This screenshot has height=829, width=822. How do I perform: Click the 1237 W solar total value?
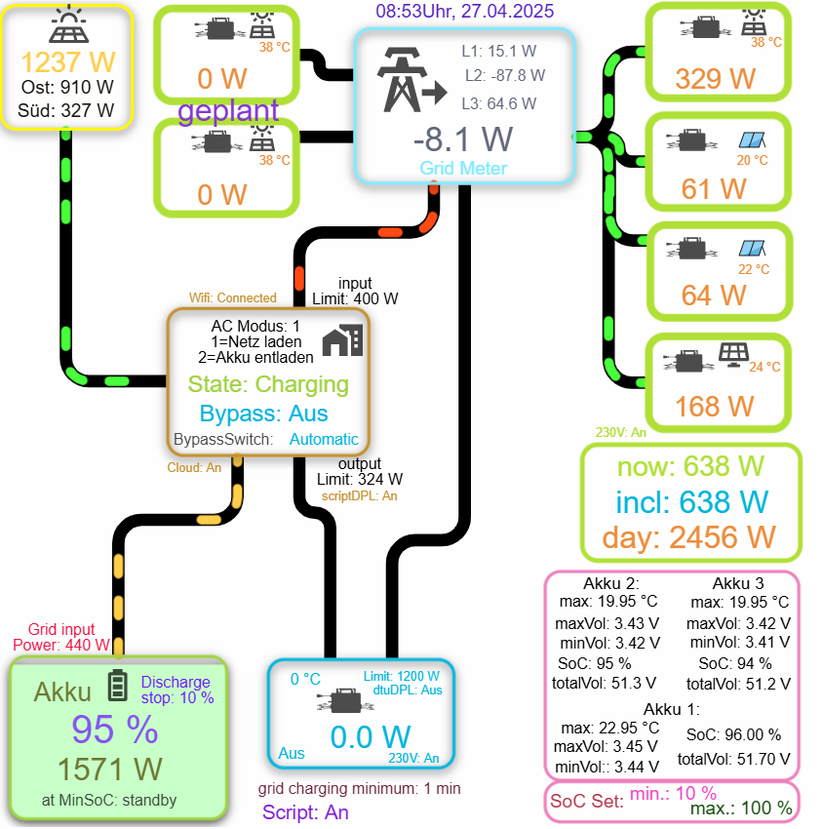(x=67, y=62)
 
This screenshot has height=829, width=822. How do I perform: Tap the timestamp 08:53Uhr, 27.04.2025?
(x=464, y=12)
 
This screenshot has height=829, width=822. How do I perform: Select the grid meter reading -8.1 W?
(x=463, y=138)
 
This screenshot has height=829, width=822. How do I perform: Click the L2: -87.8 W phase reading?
(x=504, y=75)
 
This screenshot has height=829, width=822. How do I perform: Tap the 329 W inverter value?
(x=717, y=78)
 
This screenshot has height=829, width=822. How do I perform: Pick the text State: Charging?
(x=268, y=384)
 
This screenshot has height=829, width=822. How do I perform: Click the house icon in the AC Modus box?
(x=341, y=340)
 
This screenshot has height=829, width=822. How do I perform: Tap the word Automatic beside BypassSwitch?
(x=324, y=439)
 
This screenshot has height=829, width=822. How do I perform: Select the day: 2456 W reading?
(x=688, y=535)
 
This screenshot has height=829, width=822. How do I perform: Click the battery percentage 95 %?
(x=114, y=729)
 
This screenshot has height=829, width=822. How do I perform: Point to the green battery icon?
(x=117, y=685)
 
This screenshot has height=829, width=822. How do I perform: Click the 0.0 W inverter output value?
(x=370, y=736)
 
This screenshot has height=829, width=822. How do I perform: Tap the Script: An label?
(x=305, y=811)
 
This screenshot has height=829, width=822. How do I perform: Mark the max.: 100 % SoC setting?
(x=742, y=808)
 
